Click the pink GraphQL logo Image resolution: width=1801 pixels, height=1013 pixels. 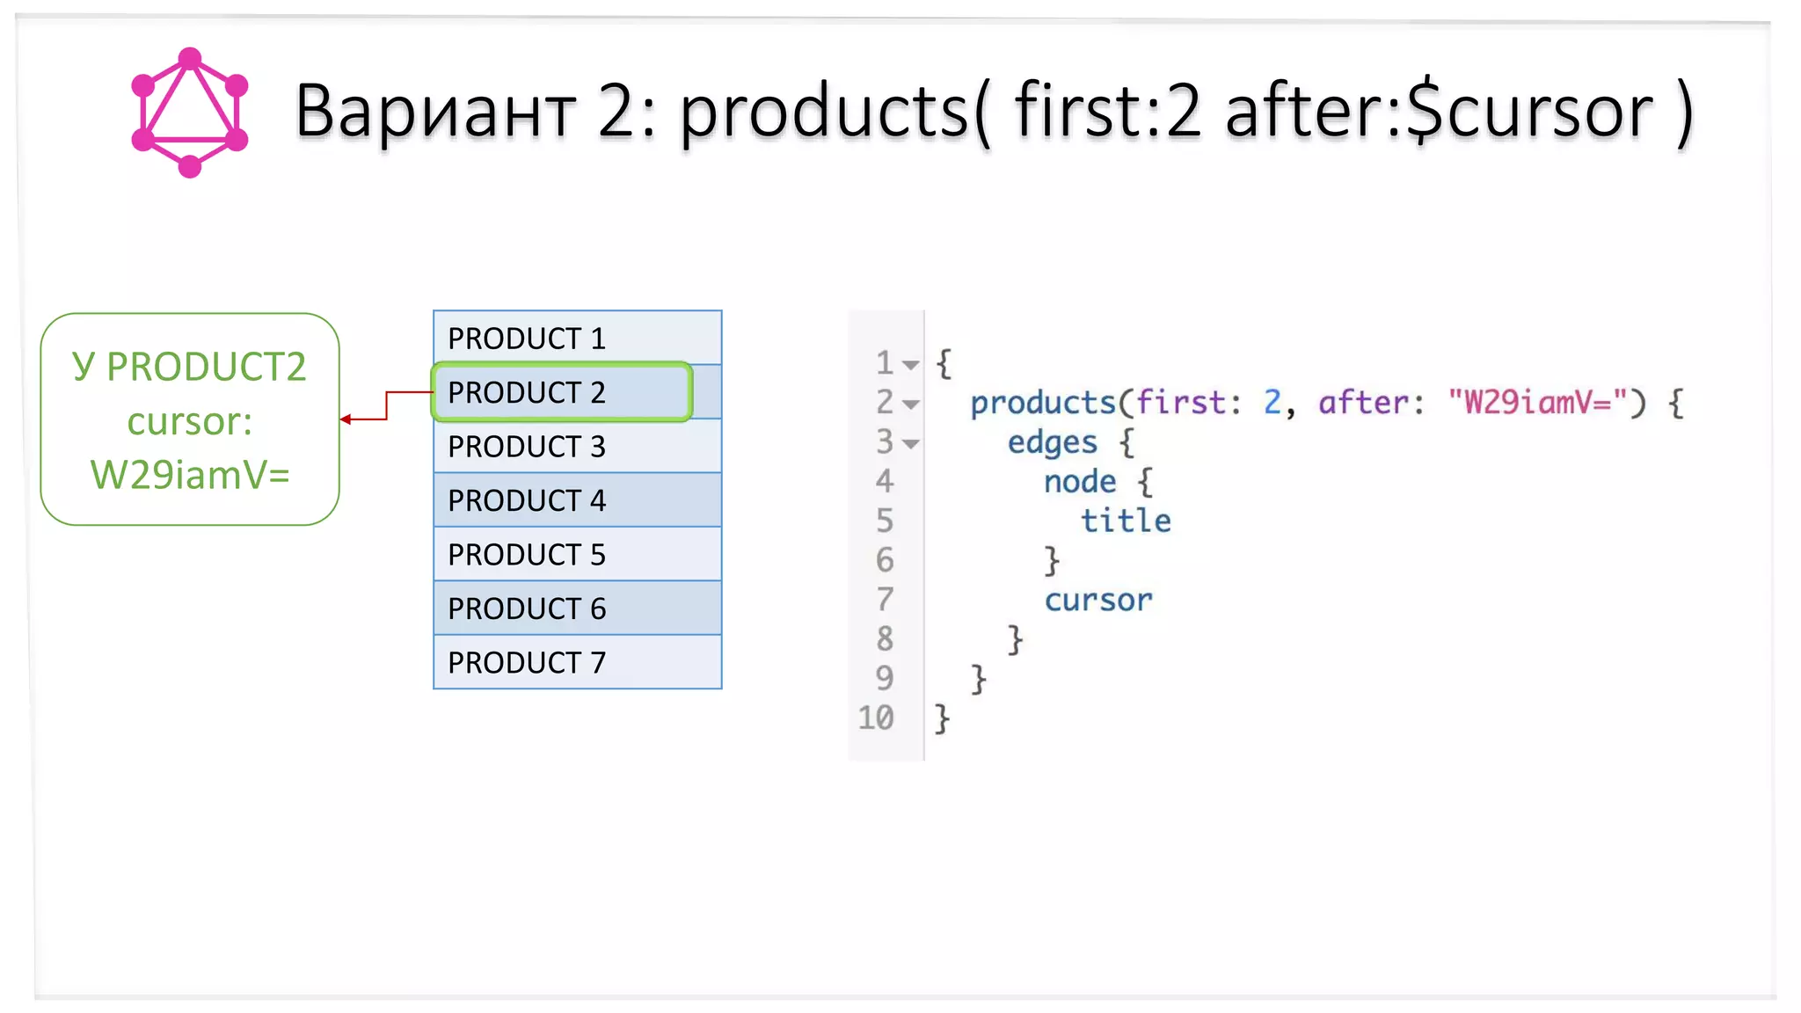pos(189,112)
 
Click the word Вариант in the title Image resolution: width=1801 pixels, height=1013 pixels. pos(434,112)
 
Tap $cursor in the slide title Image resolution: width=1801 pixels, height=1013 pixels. pos(1529,112)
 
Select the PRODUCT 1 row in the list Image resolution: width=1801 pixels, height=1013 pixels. pos(577,338)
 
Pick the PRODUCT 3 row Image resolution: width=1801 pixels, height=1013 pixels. pos(577,447)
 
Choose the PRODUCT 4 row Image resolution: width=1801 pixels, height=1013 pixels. pos(577,500)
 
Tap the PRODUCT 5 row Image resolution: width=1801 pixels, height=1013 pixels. pos(577,555)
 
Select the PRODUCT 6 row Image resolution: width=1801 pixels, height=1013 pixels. pos(577,609)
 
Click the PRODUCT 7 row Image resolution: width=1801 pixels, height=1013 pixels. pos(577,662)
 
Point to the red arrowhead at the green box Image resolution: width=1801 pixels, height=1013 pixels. pos(346,419)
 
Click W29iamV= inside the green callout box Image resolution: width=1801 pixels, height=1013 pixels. pos(190,475)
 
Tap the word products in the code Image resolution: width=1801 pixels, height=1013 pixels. pos(1043,403)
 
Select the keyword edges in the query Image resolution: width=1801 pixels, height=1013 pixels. pos(1052,442)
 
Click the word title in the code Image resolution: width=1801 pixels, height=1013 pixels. pos(1126,521)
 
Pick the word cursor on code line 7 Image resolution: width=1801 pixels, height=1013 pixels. pos(1097,601)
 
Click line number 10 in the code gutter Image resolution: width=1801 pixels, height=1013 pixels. pos(876,718)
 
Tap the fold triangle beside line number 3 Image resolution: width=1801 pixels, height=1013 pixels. pos(912,444)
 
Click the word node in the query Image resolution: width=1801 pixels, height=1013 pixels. pos(1080,482)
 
